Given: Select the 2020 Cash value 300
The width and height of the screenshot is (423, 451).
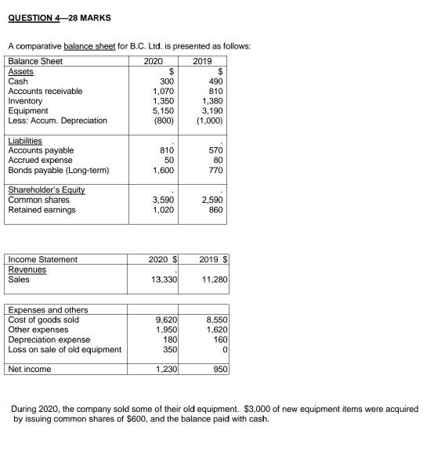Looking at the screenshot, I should [x=166, y=81].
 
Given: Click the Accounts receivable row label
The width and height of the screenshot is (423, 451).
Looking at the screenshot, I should [x=45, y=92].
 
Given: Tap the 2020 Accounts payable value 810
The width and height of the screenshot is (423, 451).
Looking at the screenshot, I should [x=166, y=150].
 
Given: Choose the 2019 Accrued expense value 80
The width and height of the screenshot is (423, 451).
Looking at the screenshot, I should [x=216, y=161].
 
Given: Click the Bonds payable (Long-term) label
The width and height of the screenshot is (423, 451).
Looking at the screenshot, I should [x=59, y=170].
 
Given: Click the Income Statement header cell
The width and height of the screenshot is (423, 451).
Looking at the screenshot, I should [x=42, y=259].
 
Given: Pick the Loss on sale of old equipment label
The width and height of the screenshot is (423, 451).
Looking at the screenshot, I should [x=64, y=349].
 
